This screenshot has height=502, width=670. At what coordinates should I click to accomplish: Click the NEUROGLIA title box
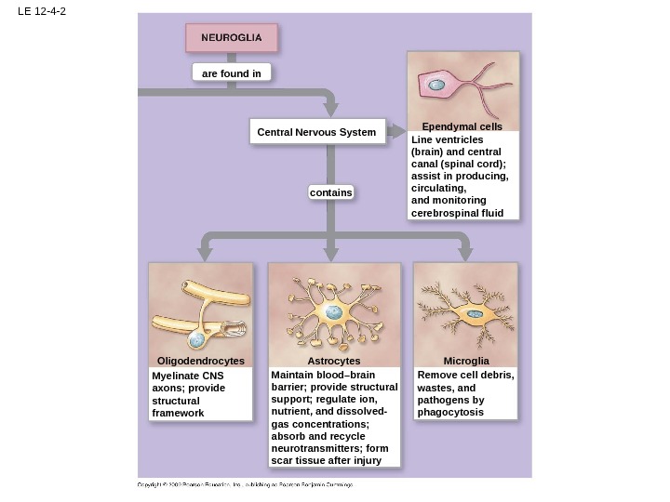[232, 38]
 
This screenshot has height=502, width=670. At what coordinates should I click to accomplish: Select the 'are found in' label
[232, 73]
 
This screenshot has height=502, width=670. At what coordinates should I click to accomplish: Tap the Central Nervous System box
[316, 133]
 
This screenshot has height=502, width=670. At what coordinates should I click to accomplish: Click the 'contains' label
[331, 192]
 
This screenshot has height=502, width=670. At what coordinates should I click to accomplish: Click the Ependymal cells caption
[462, 126]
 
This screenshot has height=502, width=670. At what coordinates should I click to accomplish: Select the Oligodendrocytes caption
[201, 361]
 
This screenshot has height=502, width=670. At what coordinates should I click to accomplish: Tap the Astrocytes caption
[333, 361]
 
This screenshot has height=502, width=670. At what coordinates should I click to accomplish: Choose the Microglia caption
[465, 361]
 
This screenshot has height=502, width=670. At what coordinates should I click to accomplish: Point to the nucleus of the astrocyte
[332, 313]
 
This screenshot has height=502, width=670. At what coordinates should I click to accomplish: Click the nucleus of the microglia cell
[476, 314]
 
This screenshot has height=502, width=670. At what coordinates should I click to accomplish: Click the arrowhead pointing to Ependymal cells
[400, 131]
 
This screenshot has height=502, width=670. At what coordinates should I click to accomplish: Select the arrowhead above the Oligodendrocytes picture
[201, 253]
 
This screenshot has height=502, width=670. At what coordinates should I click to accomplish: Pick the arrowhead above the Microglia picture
[465, 253]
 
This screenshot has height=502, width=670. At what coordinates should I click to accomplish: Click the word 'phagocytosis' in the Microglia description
[450, 412]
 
